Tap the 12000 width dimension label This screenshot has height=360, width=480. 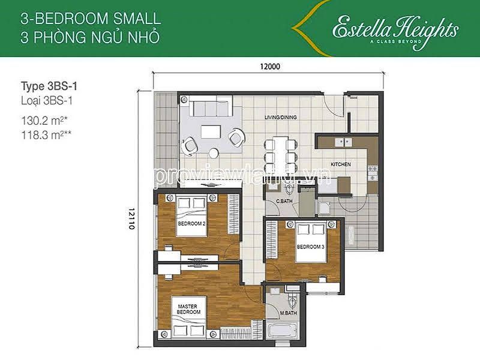coord(270,67)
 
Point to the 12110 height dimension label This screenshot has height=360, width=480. coord(131,218)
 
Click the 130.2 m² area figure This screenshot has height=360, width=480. coord(44,121)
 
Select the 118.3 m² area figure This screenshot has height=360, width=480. coord(46,135)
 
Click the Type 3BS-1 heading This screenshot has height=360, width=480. coord(49,86)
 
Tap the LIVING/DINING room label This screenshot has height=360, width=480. coord(280,117)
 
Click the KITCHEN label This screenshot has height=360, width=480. coord(341,164)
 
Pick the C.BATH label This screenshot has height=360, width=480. coord(284,201)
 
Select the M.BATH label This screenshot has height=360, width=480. coord(289,313)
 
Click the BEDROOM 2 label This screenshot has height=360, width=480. coord(191,224)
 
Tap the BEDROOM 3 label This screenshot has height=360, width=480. coord(310,247)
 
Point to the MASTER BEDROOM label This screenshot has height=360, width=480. coord(188,309)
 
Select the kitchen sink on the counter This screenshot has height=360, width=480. coord(343,142)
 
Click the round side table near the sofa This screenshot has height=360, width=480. coord(214,153)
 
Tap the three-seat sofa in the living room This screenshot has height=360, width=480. coord(211,107)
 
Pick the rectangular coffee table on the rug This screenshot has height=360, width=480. coord(211,132)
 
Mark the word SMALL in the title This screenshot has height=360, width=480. coord(137,19)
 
